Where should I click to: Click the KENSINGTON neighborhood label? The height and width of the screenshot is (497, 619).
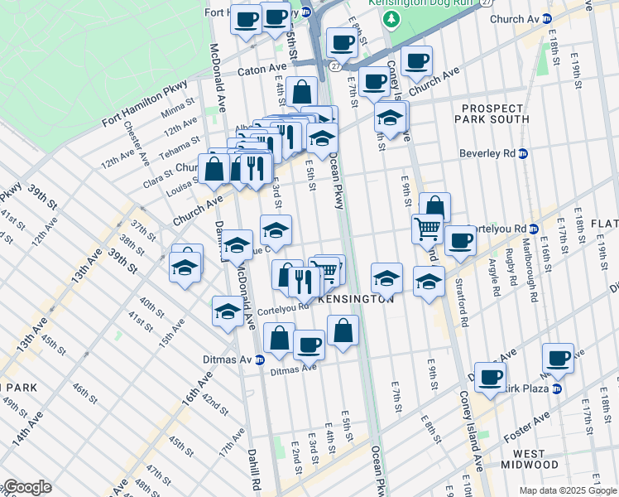click(355, 299)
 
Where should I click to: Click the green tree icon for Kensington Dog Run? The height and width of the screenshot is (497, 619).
click(396, 18)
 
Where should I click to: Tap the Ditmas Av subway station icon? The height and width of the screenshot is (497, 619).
click(259, 359)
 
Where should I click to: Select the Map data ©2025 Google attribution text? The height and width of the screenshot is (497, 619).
click(567, 490)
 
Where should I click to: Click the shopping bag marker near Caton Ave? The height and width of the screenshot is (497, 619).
click(302, 91)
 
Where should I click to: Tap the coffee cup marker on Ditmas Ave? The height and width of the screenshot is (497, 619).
click(309, 344)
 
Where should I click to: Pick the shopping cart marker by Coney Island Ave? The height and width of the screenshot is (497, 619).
click(427, 228)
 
